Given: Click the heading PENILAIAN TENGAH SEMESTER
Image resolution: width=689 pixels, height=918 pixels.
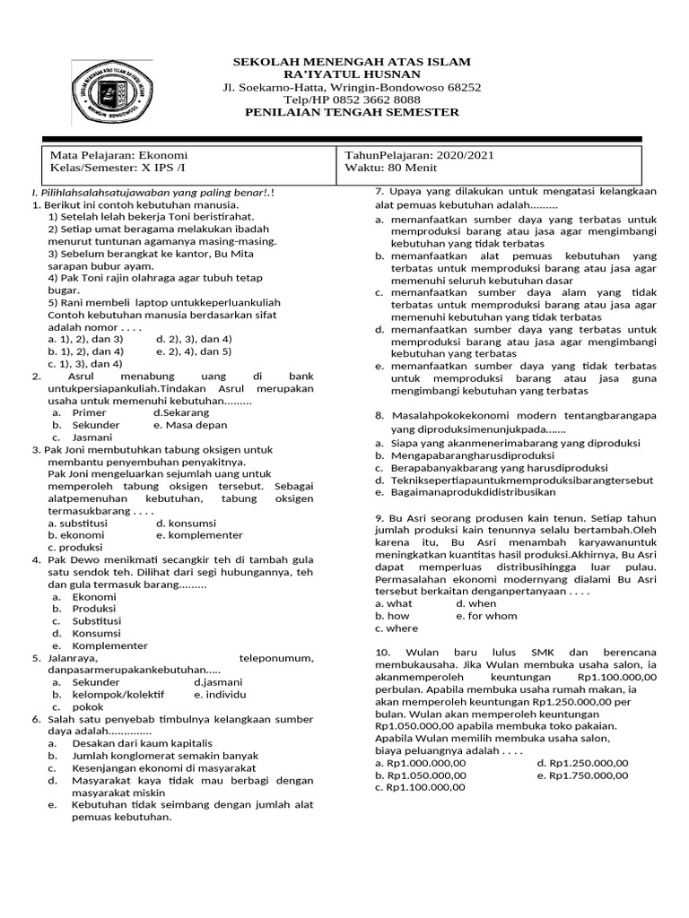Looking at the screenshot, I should pyautogui.click(x=352, y=112).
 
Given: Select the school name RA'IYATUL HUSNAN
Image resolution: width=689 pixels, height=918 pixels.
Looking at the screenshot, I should pyautogui.click(x=352, y=74).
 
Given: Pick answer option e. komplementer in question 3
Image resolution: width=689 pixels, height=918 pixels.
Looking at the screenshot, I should pyautogui.click(x=199, y=535).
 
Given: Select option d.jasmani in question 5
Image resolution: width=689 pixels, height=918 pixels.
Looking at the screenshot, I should pyautogui.click(x=218, y=682).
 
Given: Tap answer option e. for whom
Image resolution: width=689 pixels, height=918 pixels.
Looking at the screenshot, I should pyautogui.click(x=486, y=617).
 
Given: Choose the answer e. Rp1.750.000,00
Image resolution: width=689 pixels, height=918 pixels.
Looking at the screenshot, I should pyautogui.click(x=582, y=775).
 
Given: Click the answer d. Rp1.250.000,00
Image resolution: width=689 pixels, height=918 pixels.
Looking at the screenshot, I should pyautogui.click(x=582, y=763).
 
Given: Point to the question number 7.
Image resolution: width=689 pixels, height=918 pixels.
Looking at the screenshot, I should pyautogui.click(x=379, y=192).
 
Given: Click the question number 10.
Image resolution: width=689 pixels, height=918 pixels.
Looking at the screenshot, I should pyautogui.click(x=382, y=652).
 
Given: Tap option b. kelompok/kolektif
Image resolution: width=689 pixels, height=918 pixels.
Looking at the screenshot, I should pyautogui.click(x=118, y=695).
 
